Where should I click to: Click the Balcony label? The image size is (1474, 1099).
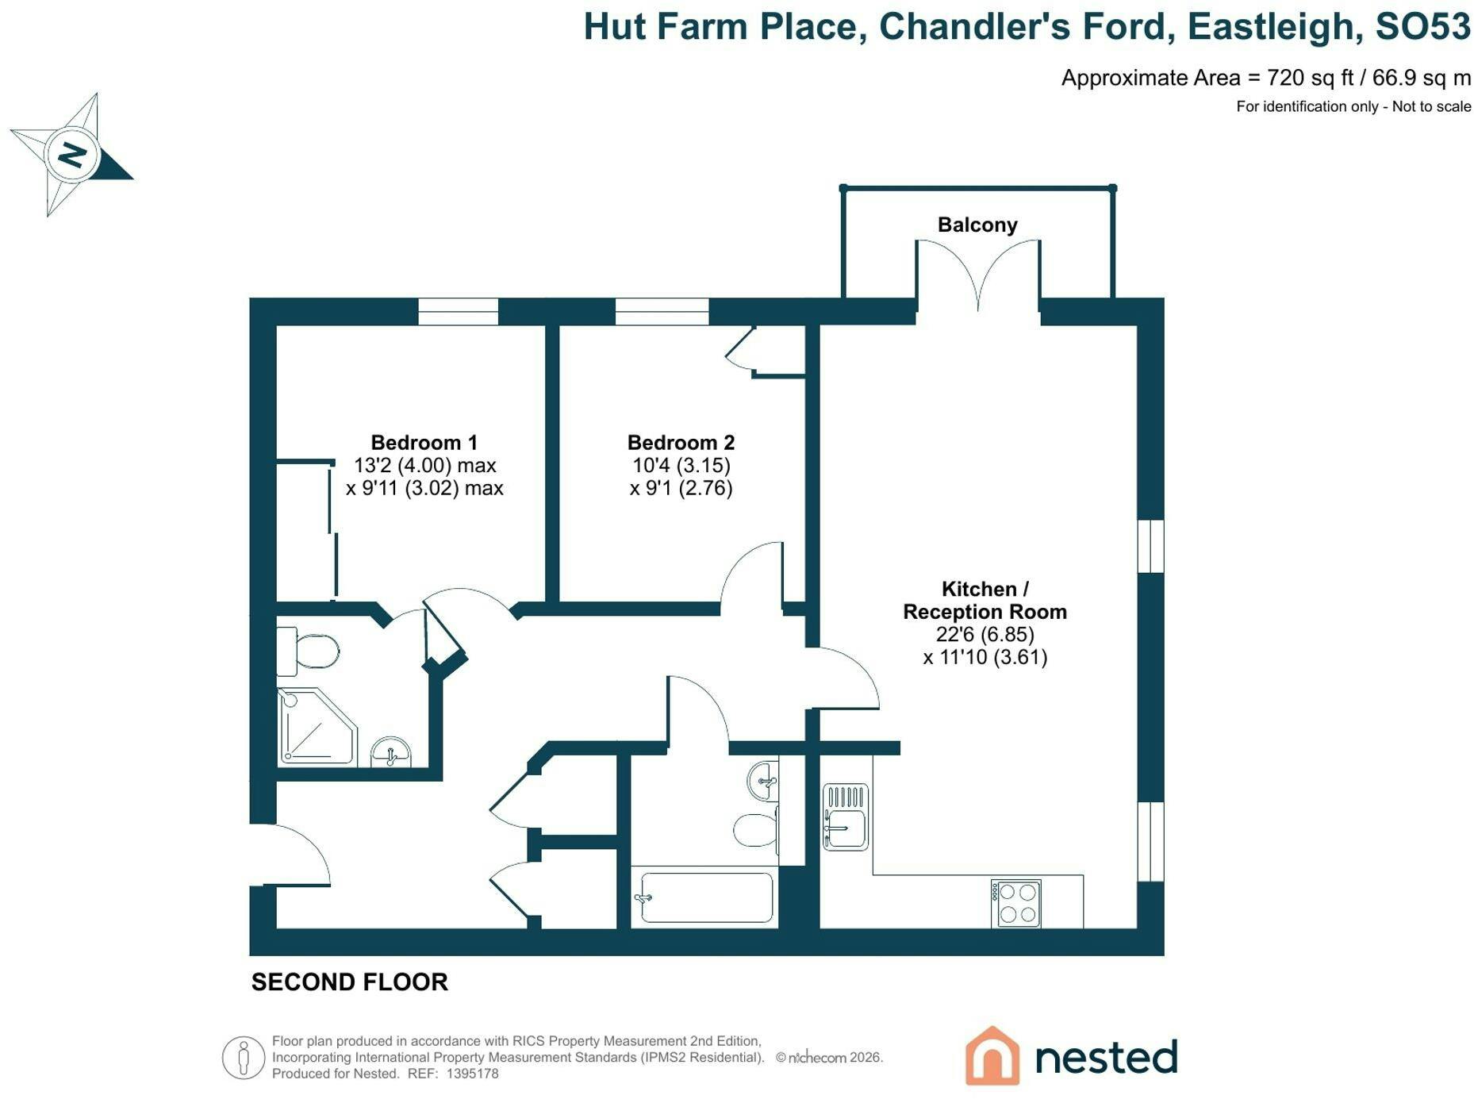[977, 225]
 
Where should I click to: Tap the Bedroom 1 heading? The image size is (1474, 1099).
[424, 443]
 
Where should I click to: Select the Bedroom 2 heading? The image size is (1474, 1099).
[681, 443]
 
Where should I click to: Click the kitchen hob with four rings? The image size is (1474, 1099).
[1015, 903]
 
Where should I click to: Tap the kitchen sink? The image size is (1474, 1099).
[846, 817]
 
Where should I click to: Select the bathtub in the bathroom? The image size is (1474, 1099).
[706, 897]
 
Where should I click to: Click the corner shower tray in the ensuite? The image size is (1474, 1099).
[317, 726]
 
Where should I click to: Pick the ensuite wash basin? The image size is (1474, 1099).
[391, 752]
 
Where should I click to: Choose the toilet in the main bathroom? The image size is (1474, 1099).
[756, 830]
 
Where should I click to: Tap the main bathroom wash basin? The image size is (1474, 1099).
[763, 781]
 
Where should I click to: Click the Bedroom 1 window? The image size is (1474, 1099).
[459, 312]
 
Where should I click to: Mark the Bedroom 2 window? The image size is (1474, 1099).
[662, 312]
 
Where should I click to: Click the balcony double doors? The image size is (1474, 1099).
[978, 274]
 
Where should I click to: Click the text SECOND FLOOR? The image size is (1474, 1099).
[350, 982]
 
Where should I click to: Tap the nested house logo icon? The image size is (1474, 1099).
[992, 1055]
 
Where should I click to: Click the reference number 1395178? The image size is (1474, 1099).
[473, 1074]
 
